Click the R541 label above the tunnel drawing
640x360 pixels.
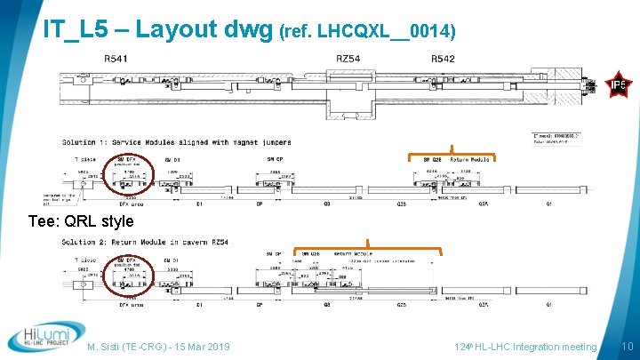point(116,59)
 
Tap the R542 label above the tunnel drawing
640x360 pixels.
point(444,59)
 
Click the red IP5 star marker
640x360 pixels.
point(619,85)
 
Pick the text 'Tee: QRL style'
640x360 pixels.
point(81,221)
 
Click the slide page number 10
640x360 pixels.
point(627,346)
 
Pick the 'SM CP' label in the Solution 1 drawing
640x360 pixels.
point(275,158)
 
